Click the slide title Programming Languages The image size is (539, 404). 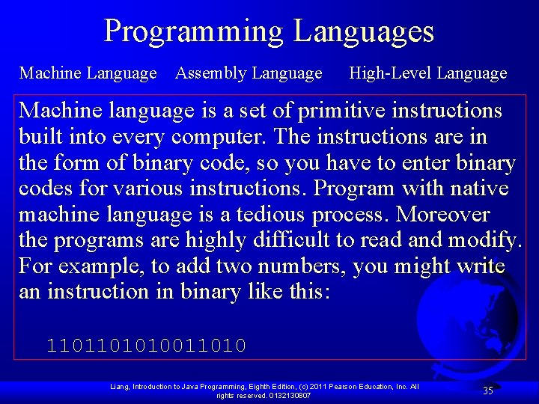(269, 31)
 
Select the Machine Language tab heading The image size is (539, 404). (88, 73)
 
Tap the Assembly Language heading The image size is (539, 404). (249, 73)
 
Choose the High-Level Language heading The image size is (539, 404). (428, 73)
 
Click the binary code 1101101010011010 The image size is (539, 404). (147, 346)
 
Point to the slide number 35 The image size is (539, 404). (487, 390)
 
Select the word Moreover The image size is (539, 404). (442, 215)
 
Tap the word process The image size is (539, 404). (350, 215)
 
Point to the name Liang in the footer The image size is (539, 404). (120, 386)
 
